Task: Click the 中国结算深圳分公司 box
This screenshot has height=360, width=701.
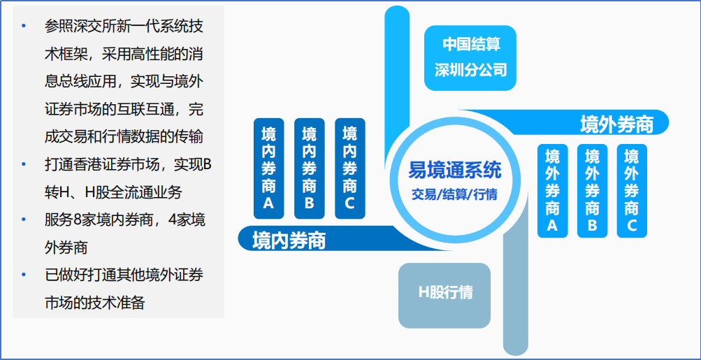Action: click(470, 58)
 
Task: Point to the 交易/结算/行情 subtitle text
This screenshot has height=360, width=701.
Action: click(455, 194)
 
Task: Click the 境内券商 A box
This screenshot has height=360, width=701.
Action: click(268, 168)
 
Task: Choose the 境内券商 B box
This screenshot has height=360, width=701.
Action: click(310, 168)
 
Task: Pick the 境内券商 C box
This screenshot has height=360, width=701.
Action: click(350, 168)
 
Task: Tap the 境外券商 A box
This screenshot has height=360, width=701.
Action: click(553, 191)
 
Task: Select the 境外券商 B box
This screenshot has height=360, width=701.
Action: click(593, 191)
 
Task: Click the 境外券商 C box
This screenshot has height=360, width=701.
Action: click(632, 191)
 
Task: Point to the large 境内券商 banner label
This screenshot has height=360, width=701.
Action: click(289, 240)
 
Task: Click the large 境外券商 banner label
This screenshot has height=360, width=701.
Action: click(616, 124)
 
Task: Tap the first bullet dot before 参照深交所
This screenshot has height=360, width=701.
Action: click(24, 26)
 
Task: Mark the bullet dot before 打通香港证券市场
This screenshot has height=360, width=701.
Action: click(24, 164)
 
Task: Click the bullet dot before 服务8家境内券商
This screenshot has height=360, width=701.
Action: click(24, 220)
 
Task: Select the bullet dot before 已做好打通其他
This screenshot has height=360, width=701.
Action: click(24, 275)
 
